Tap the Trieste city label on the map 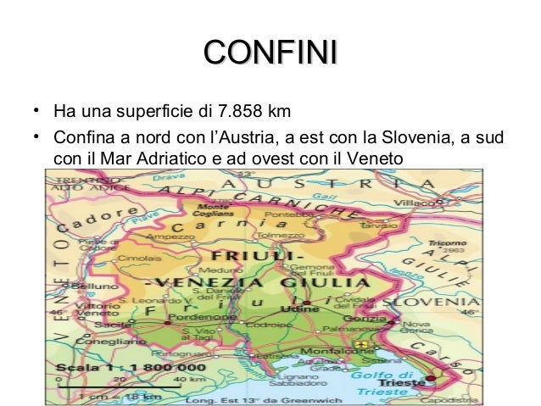click(x=410, y=382)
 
